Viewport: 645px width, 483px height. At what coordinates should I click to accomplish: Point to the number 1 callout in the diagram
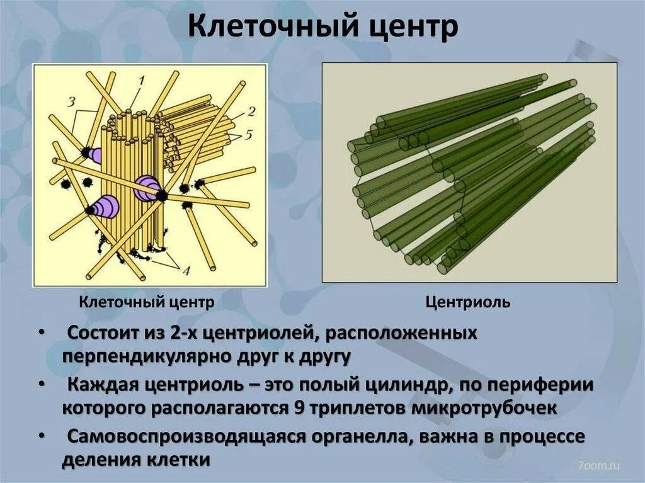click(x=141, y=81)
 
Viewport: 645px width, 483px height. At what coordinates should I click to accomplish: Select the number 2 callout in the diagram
click(x=251, y=112)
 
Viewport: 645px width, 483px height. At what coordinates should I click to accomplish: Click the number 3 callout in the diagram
click(x=72, y=101)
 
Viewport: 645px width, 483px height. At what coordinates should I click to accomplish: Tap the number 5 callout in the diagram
click(x=250, y=134)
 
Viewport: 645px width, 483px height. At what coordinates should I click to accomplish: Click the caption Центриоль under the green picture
click(x=468, y=303)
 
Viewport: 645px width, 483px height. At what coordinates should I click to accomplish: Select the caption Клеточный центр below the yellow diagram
click(x=147, y=302)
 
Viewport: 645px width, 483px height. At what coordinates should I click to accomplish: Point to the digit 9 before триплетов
click(x=300, y=407)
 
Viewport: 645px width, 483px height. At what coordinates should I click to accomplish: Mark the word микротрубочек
click(x=484, y=407)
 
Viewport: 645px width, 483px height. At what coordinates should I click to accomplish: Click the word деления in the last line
click(x=96, y=460)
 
